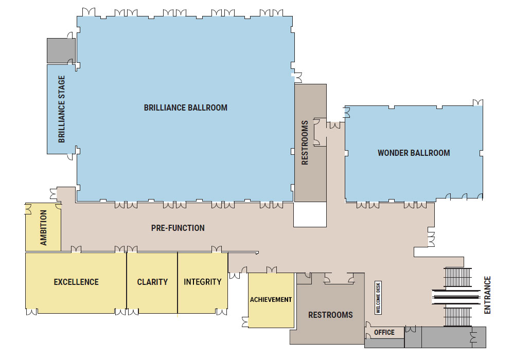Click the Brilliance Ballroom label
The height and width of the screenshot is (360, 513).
[x=185, y=107]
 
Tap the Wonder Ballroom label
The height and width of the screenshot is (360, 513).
[x=414, y=153]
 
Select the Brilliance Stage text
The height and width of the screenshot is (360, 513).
[x=62, y=109]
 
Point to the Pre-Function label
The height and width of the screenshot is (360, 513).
[x=178, y=228]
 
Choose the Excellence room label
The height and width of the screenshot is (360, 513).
[x=76, y=282]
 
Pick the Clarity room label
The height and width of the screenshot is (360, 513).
[x=152, y=282]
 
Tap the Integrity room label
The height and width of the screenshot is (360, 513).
[x=202, y=282]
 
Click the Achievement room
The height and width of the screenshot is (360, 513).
[x=271, y=300]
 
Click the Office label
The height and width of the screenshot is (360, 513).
[x=384, y=332]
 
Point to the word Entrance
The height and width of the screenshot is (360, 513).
[x=488, y=295]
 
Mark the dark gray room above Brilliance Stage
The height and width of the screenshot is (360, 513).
[x=61, y=50]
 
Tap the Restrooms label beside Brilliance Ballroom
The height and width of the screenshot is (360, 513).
[x=305, y=142]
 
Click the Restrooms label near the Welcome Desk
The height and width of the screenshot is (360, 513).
[x=330, y=315]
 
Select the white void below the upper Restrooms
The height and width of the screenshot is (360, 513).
[x=310, y=214]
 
